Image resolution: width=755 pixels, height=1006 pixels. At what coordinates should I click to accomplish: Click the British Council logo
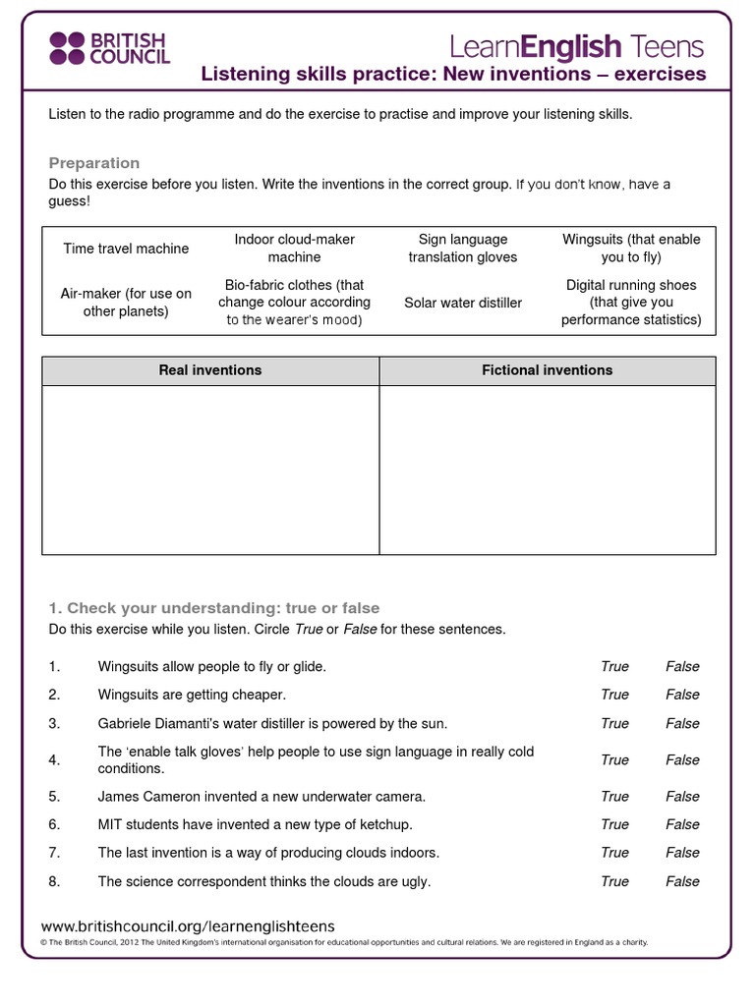(109, 46)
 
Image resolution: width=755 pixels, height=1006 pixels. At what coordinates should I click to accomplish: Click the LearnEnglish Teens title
(577, 45)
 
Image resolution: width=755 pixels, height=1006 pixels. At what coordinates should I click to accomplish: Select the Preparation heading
(94, 163)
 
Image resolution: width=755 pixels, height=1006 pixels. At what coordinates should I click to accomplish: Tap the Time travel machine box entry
(126, 249)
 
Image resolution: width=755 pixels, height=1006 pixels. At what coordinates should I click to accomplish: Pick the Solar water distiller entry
(463, 303)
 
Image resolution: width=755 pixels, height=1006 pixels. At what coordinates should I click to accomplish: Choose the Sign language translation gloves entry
(463, 249)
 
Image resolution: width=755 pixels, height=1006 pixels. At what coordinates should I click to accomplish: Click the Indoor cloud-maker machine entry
(294, 249)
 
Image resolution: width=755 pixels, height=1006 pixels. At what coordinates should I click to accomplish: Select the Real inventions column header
(210, 370)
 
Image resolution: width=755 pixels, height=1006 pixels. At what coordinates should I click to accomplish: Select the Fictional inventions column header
(547, 370)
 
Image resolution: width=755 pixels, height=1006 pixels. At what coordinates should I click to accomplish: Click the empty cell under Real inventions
(210, 469)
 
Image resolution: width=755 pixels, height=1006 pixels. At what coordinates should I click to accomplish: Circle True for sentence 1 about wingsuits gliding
(614, 667)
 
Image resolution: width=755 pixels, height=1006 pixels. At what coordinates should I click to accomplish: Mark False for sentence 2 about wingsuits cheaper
(682, 695)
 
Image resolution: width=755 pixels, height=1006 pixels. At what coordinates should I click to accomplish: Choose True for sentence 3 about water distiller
(614, 724)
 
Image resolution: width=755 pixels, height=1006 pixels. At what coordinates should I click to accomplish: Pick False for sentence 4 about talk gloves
(682, 760)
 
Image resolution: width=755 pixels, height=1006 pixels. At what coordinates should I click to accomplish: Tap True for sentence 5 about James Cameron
(614, 797)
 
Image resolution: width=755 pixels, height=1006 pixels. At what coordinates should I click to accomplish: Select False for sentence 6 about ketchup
(682, 825)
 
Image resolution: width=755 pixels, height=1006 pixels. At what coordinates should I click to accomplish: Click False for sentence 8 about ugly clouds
(682, 881)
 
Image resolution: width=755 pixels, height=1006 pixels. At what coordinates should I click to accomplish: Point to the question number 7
(54, 853)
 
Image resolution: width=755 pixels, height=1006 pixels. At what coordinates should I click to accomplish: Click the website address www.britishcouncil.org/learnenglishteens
(188, 926)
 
